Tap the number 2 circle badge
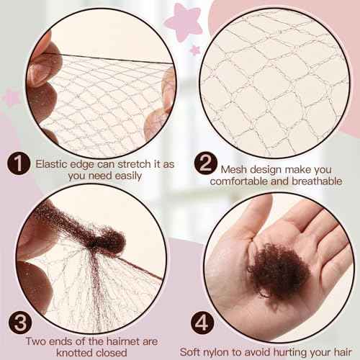click(x=204, y=165)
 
